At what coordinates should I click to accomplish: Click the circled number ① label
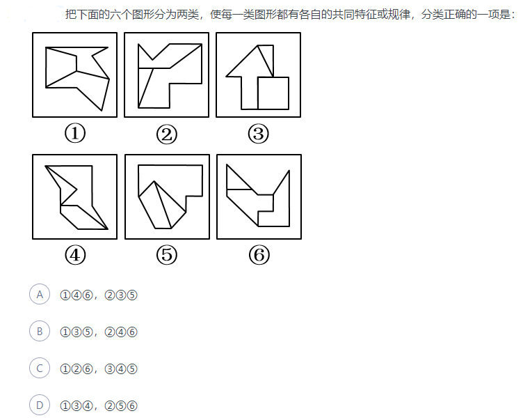tap(75, 133)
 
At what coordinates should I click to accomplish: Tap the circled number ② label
tap(167, 134)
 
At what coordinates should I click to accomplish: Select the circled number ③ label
tap(258, 133)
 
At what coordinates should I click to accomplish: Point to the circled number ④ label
tap(75, 255)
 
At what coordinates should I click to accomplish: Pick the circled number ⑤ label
tap(167, 255)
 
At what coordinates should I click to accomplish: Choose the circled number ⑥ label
tap(259, 255)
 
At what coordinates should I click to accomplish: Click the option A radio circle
tap(40, 294)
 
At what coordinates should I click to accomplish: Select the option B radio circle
tap(40, 332)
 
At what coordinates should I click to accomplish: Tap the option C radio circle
tap(40, 369)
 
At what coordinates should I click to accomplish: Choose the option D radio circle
tap(40, 405)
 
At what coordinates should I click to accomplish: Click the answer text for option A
tap(99, 295)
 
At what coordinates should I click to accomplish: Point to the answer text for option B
tap(99, 332)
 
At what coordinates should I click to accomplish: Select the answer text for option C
tap(99, 369)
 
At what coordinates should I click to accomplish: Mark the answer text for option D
tap(99, 405)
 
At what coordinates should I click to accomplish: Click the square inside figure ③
tap(273, 93)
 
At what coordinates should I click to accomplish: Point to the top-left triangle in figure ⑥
tap(236, 180)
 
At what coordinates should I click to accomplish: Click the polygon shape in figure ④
tap(76, 197)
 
